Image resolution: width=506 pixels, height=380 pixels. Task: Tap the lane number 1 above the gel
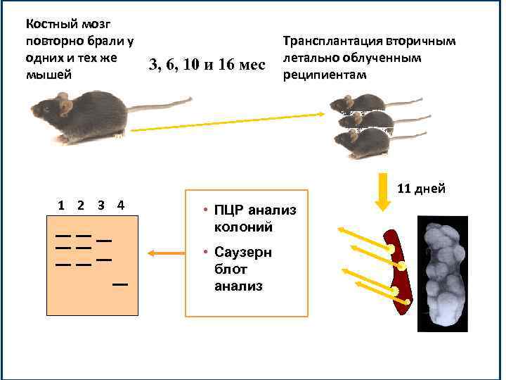(x=62, y=205)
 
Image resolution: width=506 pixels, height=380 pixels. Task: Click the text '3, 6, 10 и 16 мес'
(x=207, y=65)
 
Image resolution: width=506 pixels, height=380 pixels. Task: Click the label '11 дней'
(x=421, y=189)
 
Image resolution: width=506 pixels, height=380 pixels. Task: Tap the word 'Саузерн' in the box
(x=243, y=252)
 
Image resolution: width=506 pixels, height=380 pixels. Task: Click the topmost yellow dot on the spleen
(x=388, y=248)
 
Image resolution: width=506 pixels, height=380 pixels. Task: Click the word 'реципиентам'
(x=324, y=75)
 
